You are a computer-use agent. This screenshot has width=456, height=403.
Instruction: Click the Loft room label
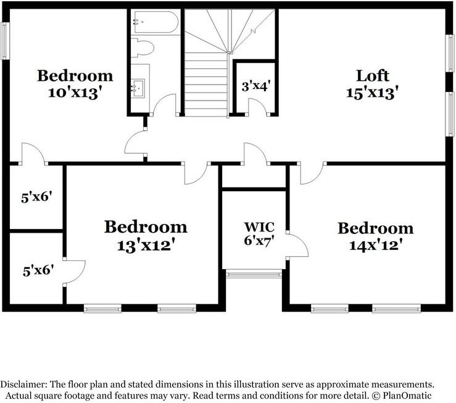373,76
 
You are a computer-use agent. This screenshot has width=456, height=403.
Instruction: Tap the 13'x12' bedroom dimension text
145,244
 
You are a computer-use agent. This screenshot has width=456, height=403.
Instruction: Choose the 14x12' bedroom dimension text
375,244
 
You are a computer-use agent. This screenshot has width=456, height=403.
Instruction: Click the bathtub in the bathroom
155,23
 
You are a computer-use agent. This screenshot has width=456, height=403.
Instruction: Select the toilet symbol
144,49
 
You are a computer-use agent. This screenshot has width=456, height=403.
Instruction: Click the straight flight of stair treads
207,83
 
